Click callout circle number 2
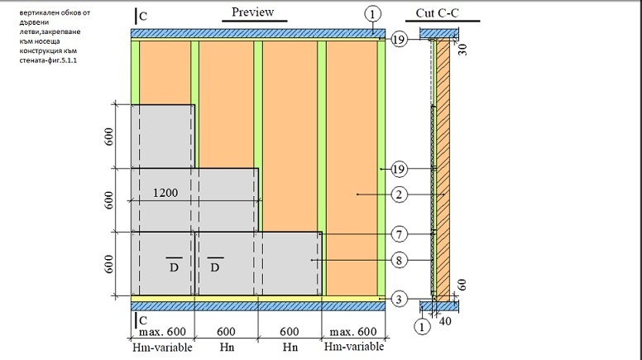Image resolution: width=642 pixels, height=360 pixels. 399,195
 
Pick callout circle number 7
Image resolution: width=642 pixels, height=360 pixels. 399,235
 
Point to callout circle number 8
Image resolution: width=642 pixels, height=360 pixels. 399,261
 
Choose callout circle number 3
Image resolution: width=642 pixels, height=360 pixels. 399,298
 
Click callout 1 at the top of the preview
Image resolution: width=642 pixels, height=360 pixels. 373,14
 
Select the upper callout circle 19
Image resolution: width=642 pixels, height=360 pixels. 399,39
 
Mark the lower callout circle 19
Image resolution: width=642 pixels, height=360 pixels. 399,170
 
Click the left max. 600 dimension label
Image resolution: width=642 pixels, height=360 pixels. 162,332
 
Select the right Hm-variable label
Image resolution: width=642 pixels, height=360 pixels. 350,348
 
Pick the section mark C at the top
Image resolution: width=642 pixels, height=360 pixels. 143,15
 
